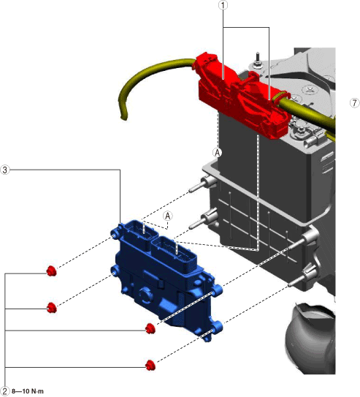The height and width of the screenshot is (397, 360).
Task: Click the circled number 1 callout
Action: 223,4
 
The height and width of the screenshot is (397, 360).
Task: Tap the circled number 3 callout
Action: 5,170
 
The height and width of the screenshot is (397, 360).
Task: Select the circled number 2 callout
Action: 5,391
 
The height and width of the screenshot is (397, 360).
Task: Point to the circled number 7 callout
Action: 355,103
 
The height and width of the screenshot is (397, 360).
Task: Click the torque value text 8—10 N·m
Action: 28,391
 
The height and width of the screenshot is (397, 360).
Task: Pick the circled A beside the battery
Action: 218,153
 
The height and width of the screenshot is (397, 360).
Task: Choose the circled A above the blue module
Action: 167,216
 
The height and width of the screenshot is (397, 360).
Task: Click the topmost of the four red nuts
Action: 52,271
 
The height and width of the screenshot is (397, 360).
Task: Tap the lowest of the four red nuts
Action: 150,365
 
